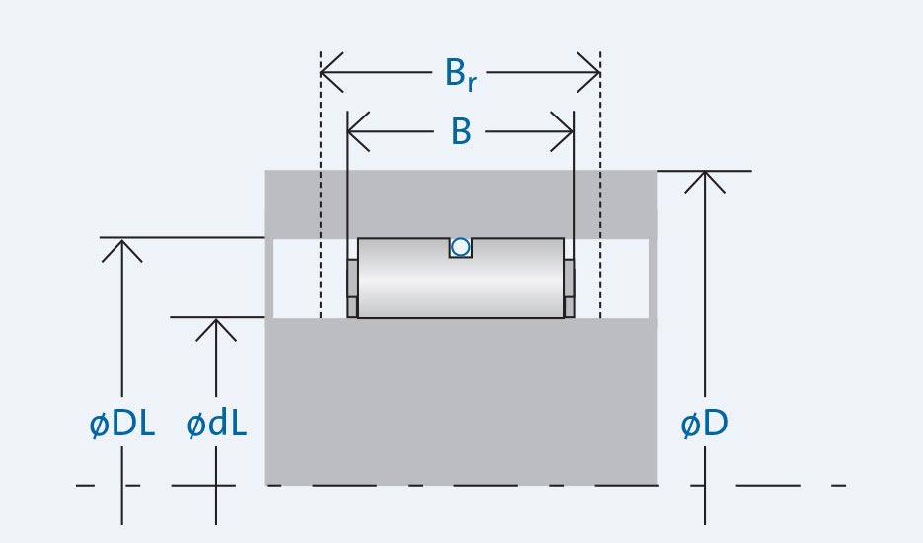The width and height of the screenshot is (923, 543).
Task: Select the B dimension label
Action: pyautogui.click(x=461, y=131)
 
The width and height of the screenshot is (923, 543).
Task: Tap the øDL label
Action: pyautogui.click(x=121, y=425)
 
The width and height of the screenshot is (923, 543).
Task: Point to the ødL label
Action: pyautogui.click(x=216, y=425)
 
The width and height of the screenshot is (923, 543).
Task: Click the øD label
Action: pyautogui.click(x=705, y=425)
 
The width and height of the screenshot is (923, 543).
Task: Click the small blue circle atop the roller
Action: pyautogui.click(x=460, y=247)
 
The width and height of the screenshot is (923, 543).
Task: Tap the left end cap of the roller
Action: pyautogui.click(x=352, y=288)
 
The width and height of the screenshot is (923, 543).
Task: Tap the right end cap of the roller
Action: pyautogui.click(x=569, y=288)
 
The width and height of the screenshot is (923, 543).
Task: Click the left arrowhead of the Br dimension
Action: pyautogui.click(x=328, y=73)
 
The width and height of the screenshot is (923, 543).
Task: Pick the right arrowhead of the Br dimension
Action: pyautogui.click(x=593, y=73)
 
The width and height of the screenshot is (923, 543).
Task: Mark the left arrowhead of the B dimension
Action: pyautogui.click(x=355, y=130)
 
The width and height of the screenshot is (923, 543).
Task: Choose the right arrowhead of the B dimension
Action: pyautogui.click(x=567, y=130)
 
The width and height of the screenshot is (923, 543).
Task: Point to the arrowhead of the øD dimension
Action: pyautogui.click(x=705, y=178)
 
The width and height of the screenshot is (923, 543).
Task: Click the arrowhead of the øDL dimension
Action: pyautogui.click(x=121, y=245)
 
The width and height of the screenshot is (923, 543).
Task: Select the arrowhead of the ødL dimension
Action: pyautogui.click(x=216, y=324)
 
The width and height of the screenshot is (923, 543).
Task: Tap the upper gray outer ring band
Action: pyautogui.click(x=460, y=203)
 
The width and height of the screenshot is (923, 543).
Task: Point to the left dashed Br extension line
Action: pyautogui.click(x=321, y=197)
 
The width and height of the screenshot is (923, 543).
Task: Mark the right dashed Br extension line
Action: pyautogui.click(x=600, y=197)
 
